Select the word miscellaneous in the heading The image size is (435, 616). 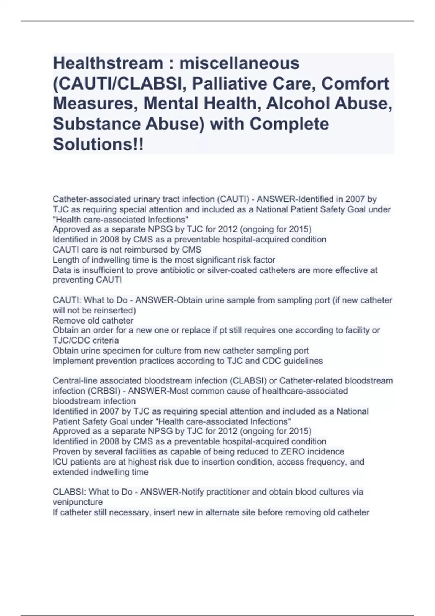pyautogui.click(x=239, y=63)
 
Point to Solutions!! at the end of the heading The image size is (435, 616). pyautogui.click(x=98, y=144)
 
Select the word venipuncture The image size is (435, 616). pyautogui.click(x=78, y=502)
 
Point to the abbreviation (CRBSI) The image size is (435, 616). pyautogui.click(x=105, y=391)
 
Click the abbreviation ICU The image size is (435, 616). pyautogui.click(x=60, y=462)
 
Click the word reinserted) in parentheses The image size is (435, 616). pyautogui.click(x=115, y=311)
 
